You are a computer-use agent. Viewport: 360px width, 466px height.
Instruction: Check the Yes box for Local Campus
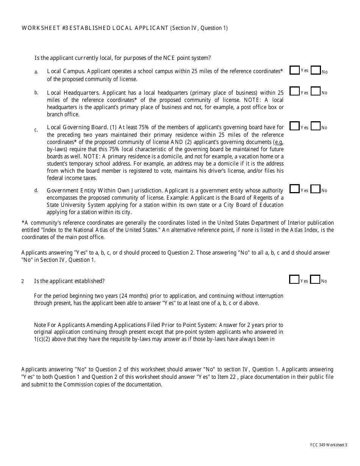tap(294, 70)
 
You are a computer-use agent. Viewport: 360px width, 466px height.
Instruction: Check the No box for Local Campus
tap(315, 70)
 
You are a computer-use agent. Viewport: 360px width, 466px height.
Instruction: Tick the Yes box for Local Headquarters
tap(294, 91)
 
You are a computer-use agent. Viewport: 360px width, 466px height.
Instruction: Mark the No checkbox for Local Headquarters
tap(315, 91)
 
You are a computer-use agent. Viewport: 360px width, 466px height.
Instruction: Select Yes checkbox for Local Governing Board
tap(294, 126)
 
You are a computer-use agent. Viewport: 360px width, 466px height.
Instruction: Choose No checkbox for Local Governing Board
tap(315, 126)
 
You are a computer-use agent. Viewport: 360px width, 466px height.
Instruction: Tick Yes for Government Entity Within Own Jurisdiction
tap(294, 189)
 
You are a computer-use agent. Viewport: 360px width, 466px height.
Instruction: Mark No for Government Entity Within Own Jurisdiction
tap(315, 189)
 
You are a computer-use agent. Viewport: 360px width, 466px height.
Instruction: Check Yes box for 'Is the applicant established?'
tap(294, 279)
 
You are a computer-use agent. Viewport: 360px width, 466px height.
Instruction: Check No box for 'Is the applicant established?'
tap(315, 279)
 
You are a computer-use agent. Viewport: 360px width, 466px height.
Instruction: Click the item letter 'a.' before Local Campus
tap(36, 72)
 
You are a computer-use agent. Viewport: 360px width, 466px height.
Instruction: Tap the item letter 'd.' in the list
tap(36, 190)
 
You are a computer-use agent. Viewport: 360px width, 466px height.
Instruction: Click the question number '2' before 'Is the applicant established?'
tap(23, 281)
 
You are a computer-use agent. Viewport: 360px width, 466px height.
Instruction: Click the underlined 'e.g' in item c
tap(278, 142)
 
